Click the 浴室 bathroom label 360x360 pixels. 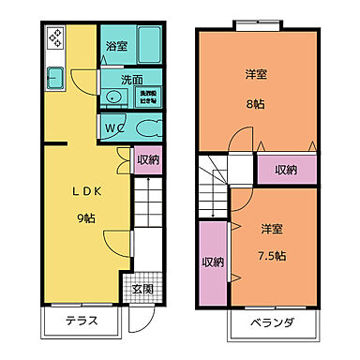(116, 45)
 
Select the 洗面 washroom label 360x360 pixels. (131, 81)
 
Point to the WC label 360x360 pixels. (115, 127)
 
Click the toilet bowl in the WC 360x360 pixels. (146, 127)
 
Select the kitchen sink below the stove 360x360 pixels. (52, 78)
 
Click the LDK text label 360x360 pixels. (84, 188)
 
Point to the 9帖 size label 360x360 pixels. (86, 218)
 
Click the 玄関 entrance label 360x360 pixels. (143, 289)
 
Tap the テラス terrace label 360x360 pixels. (82, 322)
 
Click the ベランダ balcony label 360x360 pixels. (274, 323)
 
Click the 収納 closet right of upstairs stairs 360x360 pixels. (286, 170)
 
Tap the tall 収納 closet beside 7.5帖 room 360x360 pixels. (213, 262)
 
